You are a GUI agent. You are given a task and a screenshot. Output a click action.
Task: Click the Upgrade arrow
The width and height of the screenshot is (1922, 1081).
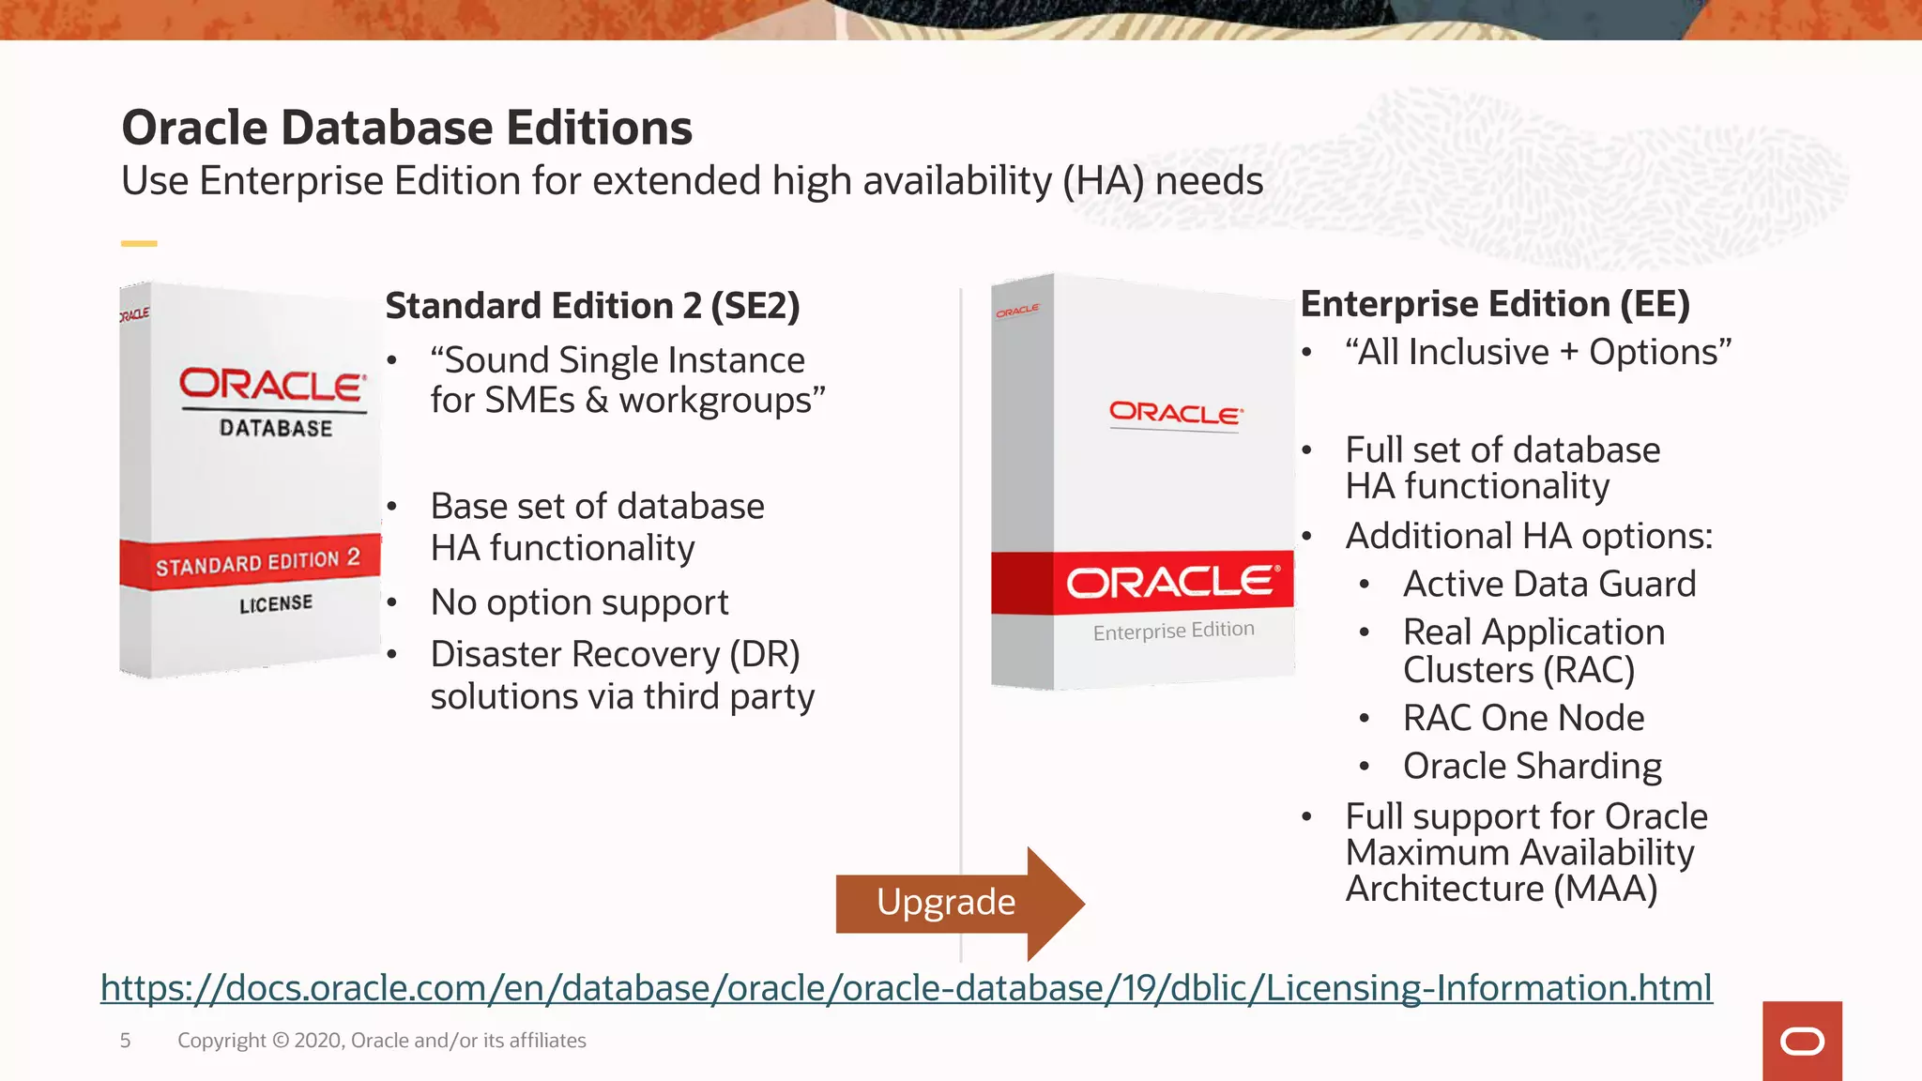(948, 903)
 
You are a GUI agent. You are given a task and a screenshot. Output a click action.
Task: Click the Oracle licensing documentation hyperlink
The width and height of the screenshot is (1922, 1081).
(906, 988)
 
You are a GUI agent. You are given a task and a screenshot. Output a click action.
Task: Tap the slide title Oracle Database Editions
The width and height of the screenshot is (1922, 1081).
(406, 128)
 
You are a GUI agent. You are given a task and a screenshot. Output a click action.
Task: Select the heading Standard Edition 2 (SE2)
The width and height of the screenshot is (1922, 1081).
(592, 306)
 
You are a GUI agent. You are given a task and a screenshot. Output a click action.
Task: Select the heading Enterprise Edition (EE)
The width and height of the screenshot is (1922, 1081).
(1495, 304)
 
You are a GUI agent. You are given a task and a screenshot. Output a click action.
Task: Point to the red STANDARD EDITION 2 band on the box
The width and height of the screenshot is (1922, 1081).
(252, 563)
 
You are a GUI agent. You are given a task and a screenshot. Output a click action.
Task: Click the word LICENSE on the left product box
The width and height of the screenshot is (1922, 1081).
(276, 603)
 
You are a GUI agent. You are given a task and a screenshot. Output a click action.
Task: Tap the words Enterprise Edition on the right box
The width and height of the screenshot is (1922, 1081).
(1173, 631)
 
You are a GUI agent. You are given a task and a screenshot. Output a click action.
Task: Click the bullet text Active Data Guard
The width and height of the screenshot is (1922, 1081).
(1548, 584)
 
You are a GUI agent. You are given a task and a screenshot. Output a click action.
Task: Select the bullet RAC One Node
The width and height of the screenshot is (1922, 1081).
(1523, 718)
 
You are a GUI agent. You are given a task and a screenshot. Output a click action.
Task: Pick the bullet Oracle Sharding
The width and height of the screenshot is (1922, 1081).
(1532, 766)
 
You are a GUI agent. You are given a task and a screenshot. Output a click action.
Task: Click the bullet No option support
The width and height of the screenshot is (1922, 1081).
(579, 602)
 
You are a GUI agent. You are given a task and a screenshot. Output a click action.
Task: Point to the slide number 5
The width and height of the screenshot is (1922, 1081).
(125, 1040)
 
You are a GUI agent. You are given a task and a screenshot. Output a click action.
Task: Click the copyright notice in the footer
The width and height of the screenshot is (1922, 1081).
(381, 1040)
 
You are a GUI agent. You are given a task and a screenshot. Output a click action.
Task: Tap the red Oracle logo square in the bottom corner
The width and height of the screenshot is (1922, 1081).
(1801, 1041)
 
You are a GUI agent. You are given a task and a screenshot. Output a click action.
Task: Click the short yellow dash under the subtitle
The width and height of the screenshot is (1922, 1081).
(139, 243)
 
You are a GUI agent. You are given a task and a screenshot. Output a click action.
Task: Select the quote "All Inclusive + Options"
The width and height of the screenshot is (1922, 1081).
(1537, 352)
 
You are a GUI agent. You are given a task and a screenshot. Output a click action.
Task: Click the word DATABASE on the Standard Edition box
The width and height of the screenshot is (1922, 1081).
(276, 428)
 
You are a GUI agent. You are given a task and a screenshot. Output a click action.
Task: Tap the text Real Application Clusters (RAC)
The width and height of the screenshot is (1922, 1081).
(1533, 650)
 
